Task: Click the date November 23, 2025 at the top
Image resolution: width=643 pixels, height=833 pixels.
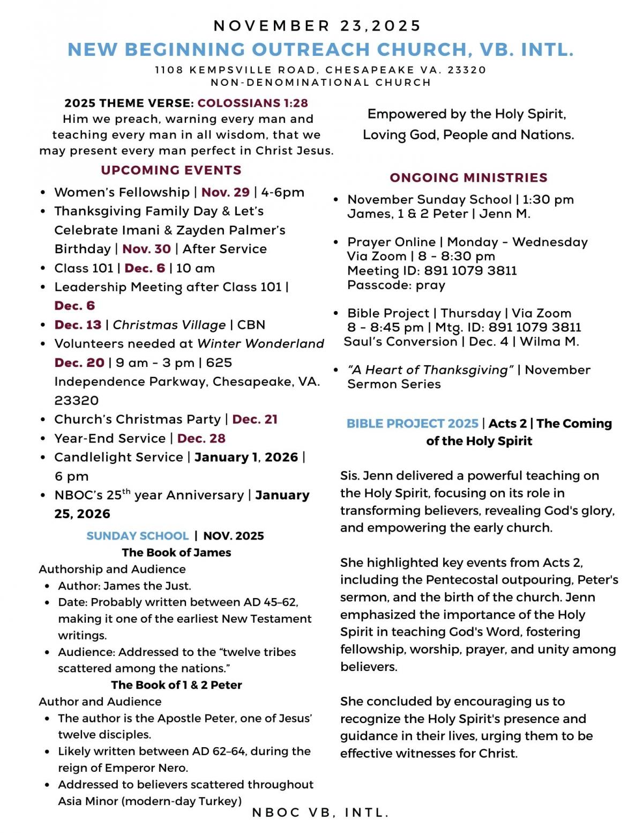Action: (318, 26)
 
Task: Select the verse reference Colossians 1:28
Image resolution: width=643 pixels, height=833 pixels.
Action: (252, 103)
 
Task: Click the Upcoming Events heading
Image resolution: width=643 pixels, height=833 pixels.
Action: (171, 170)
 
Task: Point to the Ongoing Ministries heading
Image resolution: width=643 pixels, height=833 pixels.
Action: (468, 178)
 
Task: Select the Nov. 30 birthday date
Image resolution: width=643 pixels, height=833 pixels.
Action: (146, 249)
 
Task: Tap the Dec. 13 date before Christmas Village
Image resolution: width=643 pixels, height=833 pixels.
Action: (78, 325)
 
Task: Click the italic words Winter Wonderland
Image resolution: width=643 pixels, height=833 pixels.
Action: (260, 344)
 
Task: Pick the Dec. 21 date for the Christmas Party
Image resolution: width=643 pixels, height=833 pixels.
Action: (255, 419)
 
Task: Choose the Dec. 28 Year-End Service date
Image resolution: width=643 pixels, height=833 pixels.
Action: (201, 438)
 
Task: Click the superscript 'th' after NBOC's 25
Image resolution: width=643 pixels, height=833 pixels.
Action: (126, 491)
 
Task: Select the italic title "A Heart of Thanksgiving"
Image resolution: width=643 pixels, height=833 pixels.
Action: (430, 370)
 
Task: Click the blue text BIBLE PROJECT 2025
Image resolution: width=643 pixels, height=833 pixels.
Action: (412, 424)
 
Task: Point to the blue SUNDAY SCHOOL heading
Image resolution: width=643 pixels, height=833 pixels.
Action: (137, 536)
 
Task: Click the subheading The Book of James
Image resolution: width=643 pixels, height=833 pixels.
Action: (176, 552)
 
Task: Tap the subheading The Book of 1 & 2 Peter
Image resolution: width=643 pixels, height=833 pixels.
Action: (176, 685)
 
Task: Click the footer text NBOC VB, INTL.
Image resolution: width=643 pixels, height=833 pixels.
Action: (320, 813)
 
